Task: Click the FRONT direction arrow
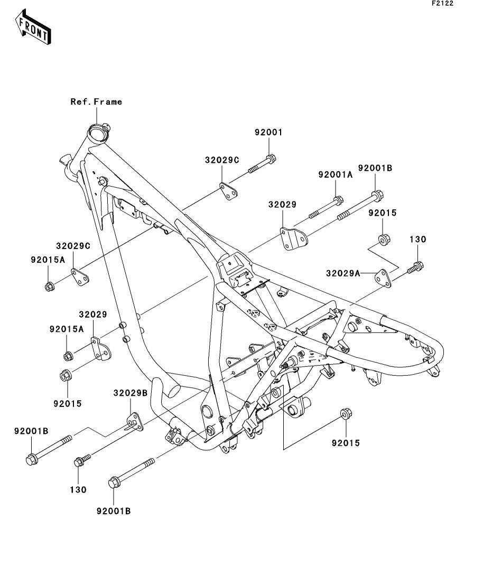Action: (x=33, y=27)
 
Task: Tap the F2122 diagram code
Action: (x=442, y=3)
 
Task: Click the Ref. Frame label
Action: (x=96, y=101)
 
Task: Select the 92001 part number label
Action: (x=268, y=132)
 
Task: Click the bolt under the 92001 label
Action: (x=262, y=165)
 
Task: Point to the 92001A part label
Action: (x=335, y=174)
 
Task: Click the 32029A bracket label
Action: (x=343, y=273)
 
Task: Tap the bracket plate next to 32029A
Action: (x=383, y=278)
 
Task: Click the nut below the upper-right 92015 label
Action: (x=384, y=239)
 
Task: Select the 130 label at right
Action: (x=417, y=239)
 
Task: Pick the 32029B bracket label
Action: (x=131, y=393)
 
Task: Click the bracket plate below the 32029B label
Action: (x=135, y=422)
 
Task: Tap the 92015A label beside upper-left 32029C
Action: (x=48, y=260)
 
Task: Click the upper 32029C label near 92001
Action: (x=222, y=160)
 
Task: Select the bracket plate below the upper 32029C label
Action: (x=229, y=191)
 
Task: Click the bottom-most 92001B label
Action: (x=114, y=511)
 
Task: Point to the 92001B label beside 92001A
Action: (x=375, y=168)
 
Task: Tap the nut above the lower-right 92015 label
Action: (x=346, y=414)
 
